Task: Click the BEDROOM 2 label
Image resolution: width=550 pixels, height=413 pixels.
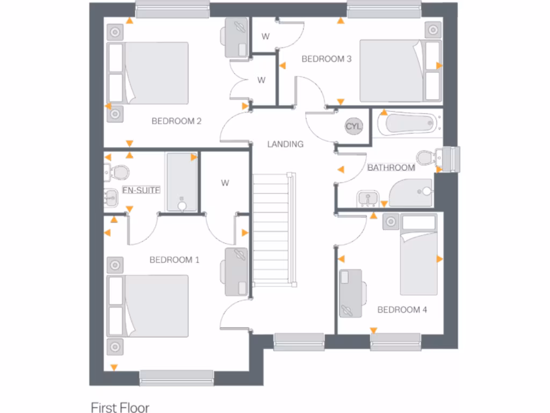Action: click(x=176, y=121)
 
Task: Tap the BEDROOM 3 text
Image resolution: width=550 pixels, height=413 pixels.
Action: click(x=326, y=59)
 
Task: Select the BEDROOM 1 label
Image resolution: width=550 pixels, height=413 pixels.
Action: click(x=174, y=260)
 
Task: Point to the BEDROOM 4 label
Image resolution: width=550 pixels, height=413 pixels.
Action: click(x=399, y=310)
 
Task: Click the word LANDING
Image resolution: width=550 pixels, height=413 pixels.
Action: click(x=285, y=144)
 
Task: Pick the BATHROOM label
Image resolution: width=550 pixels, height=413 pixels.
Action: click(x=391, y=168)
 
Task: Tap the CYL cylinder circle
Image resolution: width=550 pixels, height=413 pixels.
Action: click(x=354, y=126)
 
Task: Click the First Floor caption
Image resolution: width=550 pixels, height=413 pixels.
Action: click(x=120, y=408)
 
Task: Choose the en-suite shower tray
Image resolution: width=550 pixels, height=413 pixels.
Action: click(x=182, y=182)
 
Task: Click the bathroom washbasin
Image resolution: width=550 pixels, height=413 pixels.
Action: click(x=368, y=198)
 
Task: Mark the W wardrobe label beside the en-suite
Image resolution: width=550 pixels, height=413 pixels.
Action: click(x=225, y=183)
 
